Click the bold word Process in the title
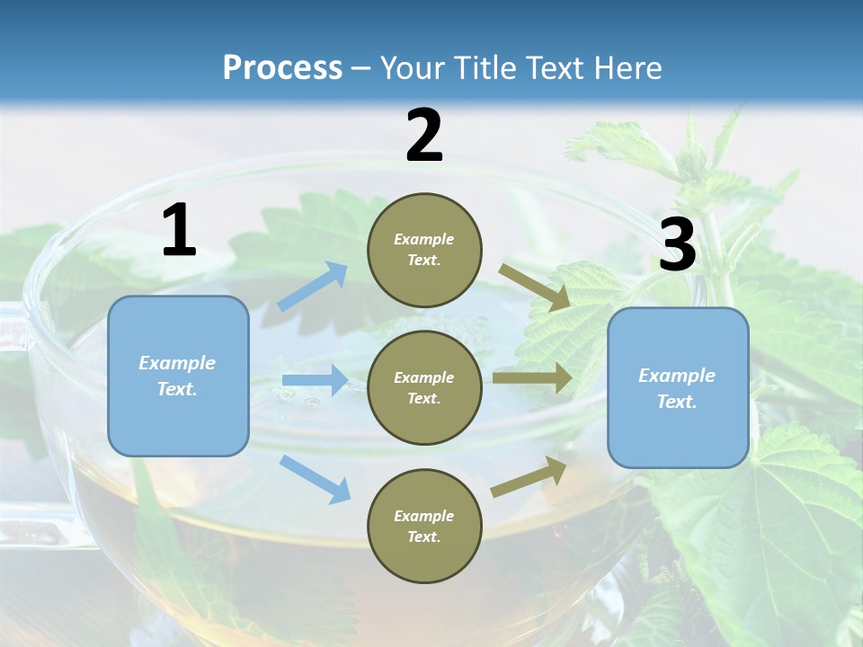[282, 67]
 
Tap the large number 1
[179, 231]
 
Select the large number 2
[424, 136]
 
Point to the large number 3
[677, 245]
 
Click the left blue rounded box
[178, 376]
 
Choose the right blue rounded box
[678, 388]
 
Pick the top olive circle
[424, 250]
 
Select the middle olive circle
[424, 387]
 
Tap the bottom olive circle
[424, 526]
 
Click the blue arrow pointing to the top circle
[312, 287]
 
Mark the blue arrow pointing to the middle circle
[315, 380]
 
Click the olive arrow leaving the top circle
[535, 288]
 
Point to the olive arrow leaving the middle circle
[532, 377]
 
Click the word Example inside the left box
[177, 363]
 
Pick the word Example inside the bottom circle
[423, 516]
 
